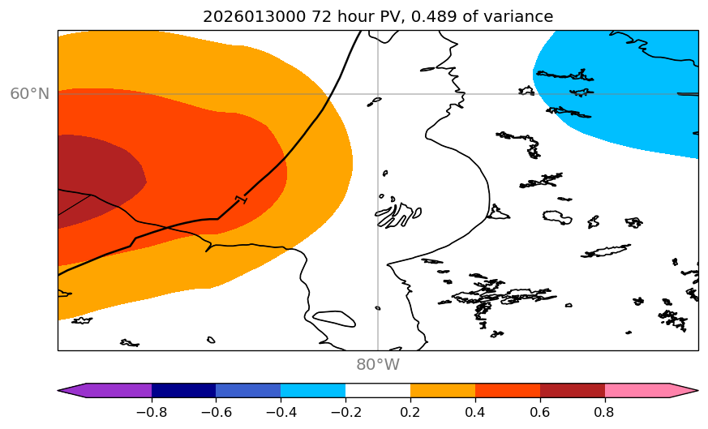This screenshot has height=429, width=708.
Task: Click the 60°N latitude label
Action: tap(29, 94)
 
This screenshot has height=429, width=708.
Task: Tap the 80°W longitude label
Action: tap(378, 365)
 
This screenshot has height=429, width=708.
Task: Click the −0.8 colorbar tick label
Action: tap(152, 412)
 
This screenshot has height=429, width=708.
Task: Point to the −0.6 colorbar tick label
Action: tap(216, 412)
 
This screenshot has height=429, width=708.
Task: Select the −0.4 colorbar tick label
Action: tap(281, 412)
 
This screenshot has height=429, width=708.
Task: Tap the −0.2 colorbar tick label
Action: tap(345, 412)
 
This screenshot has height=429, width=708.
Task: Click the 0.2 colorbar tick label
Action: tap(410, 412)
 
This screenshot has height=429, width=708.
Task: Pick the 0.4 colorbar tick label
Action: tap(475, 412)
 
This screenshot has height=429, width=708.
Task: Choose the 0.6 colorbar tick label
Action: tap(540, 412)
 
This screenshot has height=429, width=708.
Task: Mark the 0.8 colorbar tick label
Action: tap(605, 412)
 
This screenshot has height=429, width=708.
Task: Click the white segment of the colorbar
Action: tap(378, 390)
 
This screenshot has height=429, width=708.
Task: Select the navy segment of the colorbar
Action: tap(183, 390)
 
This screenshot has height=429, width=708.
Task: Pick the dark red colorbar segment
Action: tap(573, 390)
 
